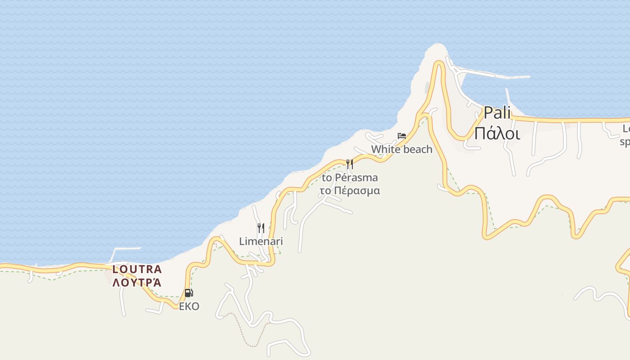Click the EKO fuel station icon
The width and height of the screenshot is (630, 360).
click(189, 293)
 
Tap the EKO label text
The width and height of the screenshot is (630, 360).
click(189, 306)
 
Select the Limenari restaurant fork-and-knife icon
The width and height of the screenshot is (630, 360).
click(261, 228)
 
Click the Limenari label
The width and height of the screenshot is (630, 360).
click(261, 242)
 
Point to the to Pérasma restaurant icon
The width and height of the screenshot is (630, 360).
click(350, 164)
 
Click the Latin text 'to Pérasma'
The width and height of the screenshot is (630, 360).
click(350, 178)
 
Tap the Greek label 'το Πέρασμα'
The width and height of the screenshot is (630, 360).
click(350, 191)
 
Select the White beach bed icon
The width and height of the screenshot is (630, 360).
click(402, 135)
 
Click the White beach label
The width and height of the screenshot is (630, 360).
click(401, 149)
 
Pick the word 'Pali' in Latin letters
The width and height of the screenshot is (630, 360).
click(497, 113)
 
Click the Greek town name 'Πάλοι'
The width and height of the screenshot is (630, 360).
click(497, 134)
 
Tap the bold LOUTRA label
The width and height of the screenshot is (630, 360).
click(137, 270)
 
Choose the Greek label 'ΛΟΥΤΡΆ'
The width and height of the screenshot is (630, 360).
click(137, 283)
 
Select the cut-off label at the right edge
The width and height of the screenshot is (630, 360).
click(625, 135)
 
